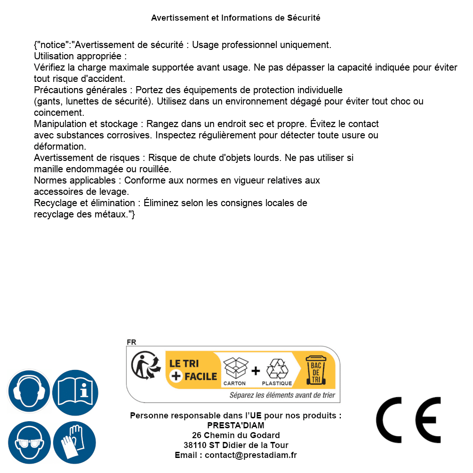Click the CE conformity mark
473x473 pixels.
(x=409, y=420)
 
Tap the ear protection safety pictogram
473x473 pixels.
(x=29, y=391)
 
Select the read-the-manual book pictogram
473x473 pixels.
(x=75, y=391)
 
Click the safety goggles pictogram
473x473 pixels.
(x=29, y=442)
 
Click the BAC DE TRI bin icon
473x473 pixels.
(x=315, y=371)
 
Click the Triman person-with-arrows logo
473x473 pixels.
(x=144, y=366)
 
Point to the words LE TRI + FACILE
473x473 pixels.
(x=193, y=370)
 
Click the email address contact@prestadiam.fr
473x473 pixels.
(x=251, y=455)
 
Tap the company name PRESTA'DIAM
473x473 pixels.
(x=236, y=425)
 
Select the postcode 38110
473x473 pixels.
(x=195, y=445)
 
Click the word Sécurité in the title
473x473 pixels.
(x=304, y=18)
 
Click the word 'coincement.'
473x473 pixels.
(x=59, y=112)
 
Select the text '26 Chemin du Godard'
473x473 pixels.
(x=236, y=435)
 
